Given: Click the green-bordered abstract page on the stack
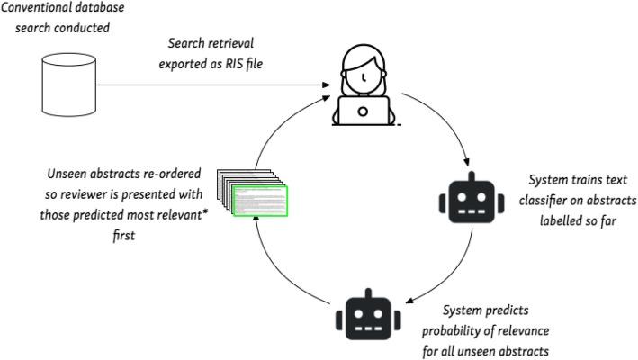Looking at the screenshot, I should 261,201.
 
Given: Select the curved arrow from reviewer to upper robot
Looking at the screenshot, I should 445,126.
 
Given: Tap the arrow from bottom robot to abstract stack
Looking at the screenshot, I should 288,270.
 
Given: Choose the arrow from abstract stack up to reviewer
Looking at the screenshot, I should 279,126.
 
